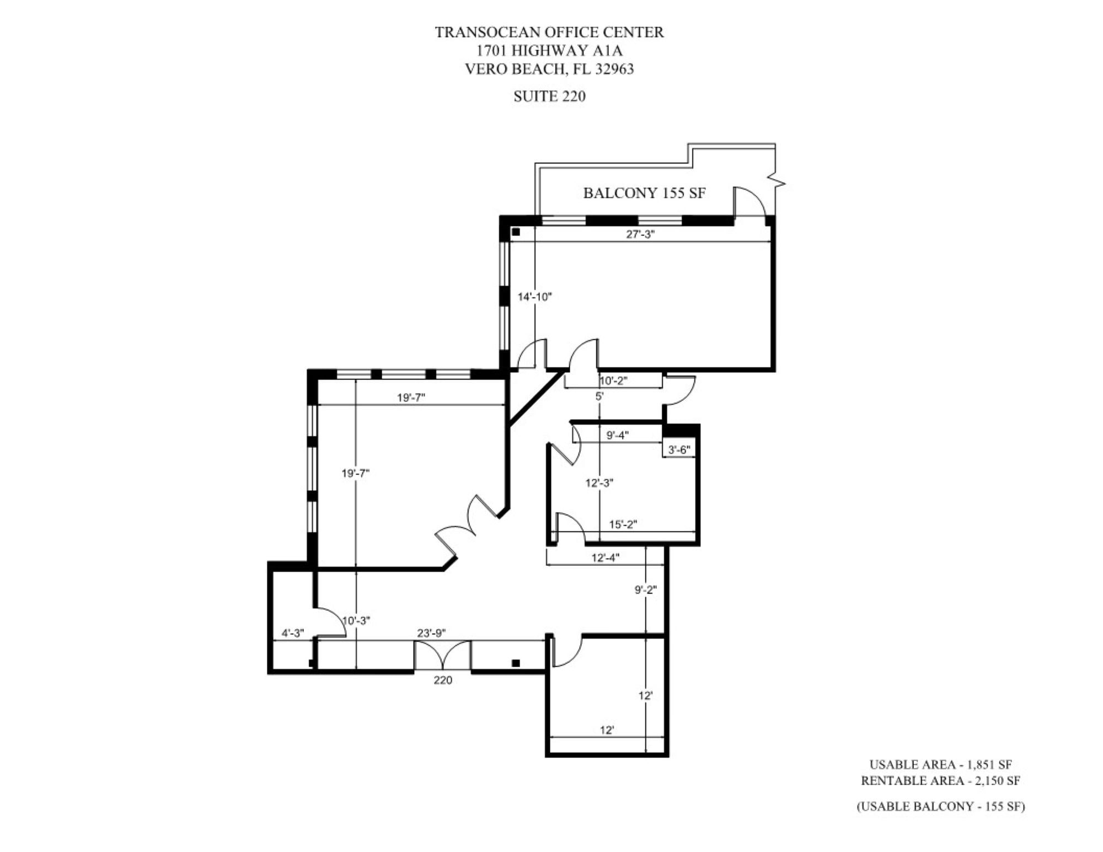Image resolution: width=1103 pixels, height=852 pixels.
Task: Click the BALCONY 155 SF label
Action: pyautogui.click(x=644, y=193)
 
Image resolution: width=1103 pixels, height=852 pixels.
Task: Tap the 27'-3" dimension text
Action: pyautogui.click(x=640, y=234)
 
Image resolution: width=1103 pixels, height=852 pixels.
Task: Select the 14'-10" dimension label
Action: pyautogui.click(x=534, y=297)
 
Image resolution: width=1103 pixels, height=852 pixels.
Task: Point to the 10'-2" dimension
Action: pyautogui.click(x=613, y=381)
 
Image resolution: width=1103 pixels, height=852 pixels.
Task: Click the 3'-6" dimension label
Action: pyautogui.click(x=679, y=449)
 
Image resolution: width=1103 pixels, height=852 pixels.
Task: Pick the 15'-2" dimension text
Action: pyautogui.click(x=623, y=524)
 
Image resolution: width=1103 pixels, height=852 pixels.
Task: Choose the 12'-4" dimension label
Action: pyautogui.click(x=606, y=558)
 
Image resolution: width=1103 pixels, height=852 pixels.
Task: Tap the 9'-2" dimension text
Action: pyautogui.click(x=645, y=590)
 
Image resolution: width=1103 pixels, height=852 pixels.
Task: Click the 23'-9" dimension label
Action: pyautogui.click(x=431, y=633)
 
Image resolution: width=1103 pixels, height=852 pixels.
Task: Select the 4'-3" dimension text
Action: pyautogui.click(x=293, y=633)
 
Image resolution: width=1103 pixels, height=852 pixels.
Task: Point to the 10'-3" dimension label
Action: pyautogui.click(x=356, y=620)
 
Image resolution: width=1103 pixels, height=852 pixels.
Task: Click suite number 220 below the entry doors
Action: pyautogui.click(x=443, y=680)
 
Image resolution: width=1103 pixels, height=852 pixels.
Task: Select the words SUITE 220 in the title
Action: pyautogui.click(x=549, y=97)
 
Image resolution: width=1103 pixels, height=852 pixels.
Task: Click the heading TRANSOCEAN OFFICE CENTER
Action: pyautogui.click(x=549, y=33)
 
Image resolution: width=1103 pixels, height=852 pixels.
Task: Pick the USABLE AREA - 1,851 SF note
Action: pyautogui.click(x=940, y=765)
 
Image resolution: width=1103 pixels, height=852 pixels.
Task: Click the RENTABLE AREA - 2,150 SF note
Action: pyautogui.click(x=940, y=781)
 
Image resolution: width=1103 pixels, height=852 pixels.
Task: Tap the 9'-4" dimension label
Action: pyautogui.click(x=618, y=435)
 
